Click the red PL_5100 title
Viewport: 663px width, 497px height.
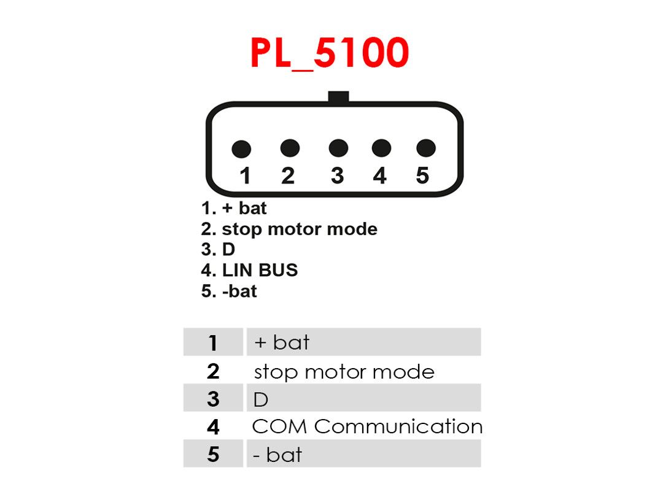point(330,53)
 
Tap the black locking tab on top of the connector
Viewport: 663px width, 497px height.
point(338,97)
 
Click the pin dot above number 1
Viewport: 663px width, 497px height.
point(241,148)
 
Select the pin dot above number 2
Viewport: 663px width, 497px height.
point(290,148)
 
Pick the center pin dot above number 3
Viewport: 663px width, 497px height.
point(338,148)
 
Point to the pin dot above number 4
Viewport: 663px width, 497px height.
point(381,148)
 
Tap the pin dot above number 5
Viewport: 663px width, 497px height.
point(426,148)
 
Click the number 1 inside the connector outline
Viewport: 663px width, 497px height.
point(245,175)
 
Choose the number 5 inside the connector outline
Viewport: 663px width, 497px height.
point(422,175)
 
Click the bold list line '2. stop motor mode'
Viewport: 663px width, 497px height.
point(289,229)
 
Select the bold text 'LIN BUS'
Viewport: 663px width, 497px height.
point(260,270)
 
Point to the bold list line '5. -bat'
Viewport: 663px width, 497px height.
point(229,291)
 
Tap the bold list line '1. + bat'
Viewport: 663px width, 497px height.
point(234,208)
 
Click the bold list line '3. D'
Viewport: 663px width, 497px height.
point(218,249)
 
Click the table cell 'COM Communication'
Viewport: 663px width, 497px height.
point(367,426)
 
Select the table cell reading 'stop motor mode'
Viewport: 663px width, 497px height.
point(344,372)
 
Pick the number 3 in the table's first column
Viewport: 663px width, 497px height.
point(213,399)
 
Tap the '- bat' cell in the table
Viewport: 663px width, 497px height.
point(277,455)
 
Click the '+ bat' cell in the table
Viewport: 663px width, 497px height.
point(282,342)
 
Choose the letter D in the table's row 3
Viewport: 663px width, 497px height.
point(261,399)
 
